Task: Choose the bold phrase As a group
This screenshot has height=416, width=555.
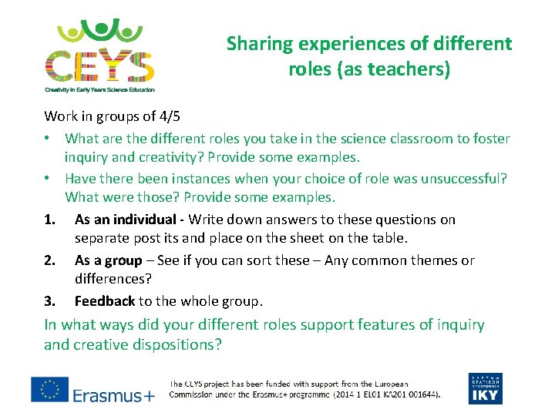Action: coord(109,260)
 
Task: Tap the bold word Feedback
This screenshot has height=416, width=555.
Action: coord(104,300)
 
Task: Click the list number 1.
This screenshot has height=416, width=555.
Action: coord(50,220)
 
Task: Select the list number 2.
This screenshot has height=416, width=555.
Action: coord(50,260)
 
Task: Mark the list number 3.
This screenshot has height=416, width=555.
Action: coord(50,300)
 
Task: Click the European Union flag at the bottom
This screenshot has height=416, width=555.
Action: coord(49,389)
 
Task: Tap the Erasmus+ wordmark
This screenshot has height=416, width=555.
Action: coord(113,396)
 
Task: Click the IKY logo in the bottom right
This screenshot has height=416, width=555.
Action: coord(486,389)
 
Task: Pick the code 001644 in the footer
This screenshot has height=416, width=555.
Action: coord(418,394)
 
